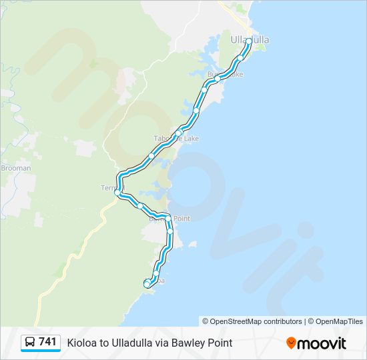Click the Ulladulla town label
coord(250,40)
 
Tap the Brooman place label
coord(16,168)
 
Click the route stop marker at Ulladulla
coord(249,41)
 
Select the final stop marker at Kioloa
coord(147,285)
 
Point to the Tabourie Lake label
coord(177,139)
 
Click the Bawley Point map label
coord(169,219)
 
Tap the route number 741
coord(47,342)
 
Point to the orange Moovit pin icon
coord(291,343)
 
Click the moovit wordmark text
coord(322,343)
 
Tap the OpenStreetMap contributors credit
coord(252,321)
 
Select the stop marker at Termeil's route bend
coord(117,193)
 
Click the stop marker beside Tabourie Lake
coord(179,133)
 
